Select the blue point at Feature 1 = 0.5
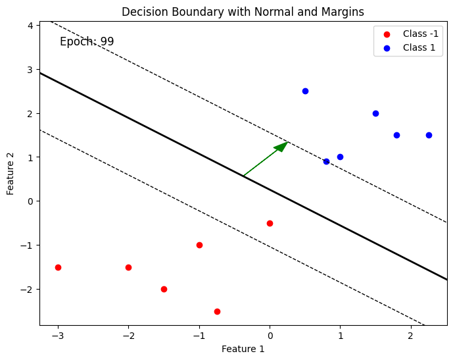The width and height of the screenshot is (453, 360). tap(305, 91)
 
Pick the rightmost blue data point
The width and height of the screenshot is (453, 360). tap(429, 135)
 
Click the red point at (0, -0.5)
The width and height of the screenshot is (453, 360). tap(270, 223)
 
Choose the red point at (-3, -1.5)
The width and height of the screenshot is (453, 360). tap(58, 267)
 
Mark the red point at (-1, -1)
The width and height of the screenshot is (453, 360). tap(199, 245)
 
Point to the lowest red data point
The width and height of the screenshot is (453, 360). tap(217, 311)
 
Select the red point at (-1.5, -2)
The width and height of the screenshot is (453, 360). tap(164, 289)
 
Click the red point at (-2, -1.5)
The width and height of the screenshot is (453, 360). tap(128, 267)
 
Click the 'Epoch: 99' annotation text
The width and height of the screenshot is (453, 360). tap(87, 41)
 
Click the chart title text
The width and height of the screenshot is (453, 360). tap(243, 12)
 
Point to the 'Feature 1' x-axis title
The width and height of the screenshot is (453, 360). tap(243, 349)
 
